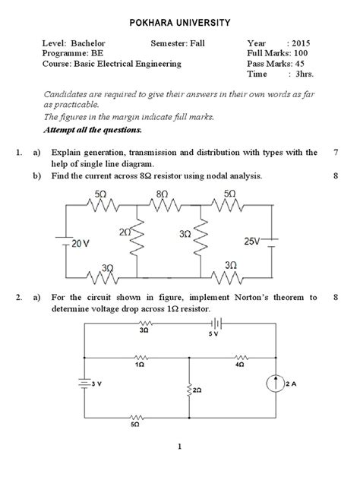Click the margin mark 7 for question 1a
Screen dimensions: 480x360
335,153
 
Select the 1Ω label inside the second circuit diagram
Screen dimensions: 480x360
139,365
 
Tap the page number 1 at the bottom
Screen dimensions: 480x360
179,467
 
